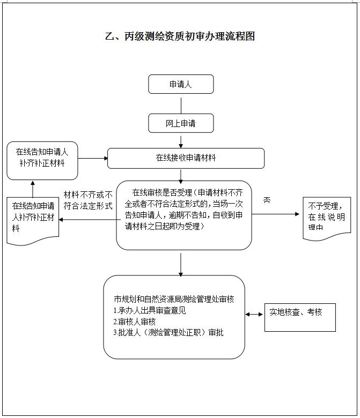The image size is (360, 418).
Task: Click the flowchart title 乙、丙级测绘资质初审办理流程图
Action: pos(179,36)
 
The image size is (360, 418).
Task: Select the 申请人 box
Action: pos(181,84)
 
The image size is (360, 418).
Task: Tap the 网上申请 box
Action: pos(181,123)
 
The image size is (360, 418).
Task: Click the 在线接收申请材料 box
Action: pos(186,158)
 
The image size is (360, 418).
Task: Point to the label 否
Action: pos(267,200)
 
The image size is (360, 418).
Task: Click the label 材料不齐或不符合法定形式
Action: pos(88,200)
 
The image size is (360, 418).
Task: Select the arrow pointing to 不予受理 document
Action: pos(276,214)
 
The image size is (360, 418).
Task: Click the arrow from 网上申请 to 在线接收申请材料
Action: pos(181,140)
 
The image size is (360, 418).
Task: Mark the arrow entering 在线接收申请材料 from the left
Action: pos(92,158)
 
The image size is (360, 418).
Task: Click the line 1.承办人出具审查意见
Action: pos(150,310)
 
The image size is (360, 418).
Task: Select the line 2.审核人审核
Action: pos(135,322)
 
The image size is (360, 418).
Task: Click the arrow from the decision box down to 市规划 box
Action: pos(181,263)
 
